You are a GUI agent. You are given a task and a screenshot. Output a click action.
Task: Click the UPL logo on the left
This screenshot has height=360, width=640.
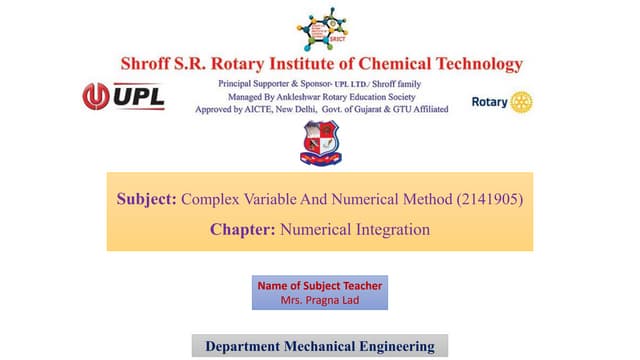coord(123,98)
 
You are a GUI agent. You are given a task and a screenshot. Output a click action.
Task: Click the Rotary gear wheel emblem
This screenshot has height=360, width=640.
coord(522,102)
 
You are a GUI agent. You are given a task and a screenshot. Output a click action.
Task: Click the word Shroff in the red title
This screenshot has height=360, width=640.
coord(150,64)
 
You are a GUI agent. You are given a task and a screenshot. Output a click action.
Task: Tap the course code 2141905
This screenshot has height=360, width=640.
coord(490,200)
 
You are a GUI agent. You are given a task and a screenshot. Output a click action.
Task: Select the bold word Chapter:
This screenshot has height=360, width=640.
coord(243,230)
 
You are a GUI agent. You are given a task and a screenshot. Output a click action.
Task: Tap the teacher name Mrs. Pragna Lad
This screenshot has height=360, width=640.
coord(320,299)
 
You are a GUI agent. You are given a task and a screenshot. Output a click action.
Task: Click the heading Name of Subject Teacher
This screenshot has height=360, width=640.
coord(320,286)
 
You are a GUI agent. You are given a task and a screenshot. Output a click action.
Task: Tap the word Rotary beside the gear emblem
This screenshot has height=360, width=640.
coord(489,102)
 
